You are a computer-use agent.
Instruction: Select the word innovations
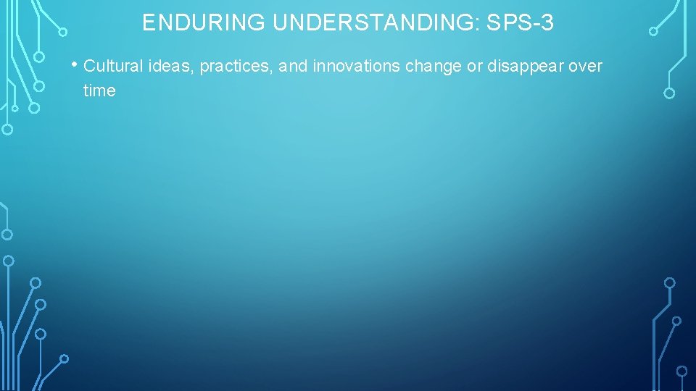[x=356, y=67]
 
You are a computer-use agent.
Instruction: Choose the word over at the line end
[x=586, y=67]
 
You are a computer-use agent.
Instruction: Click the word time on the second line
[x=99, y=91]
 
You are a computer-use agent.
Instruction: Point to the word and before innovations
[x=293, y=67]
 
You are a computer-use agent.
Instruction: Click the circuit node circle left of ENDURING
[x=63, y=32]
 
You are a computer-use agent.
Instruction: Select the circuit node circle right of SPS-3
[x=653, y=31]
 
